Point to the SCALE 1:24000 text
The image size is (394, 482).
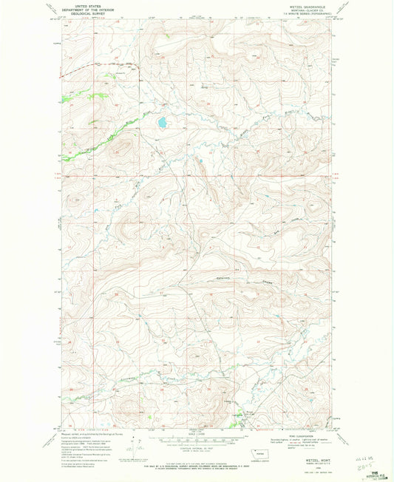[197, 434]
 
